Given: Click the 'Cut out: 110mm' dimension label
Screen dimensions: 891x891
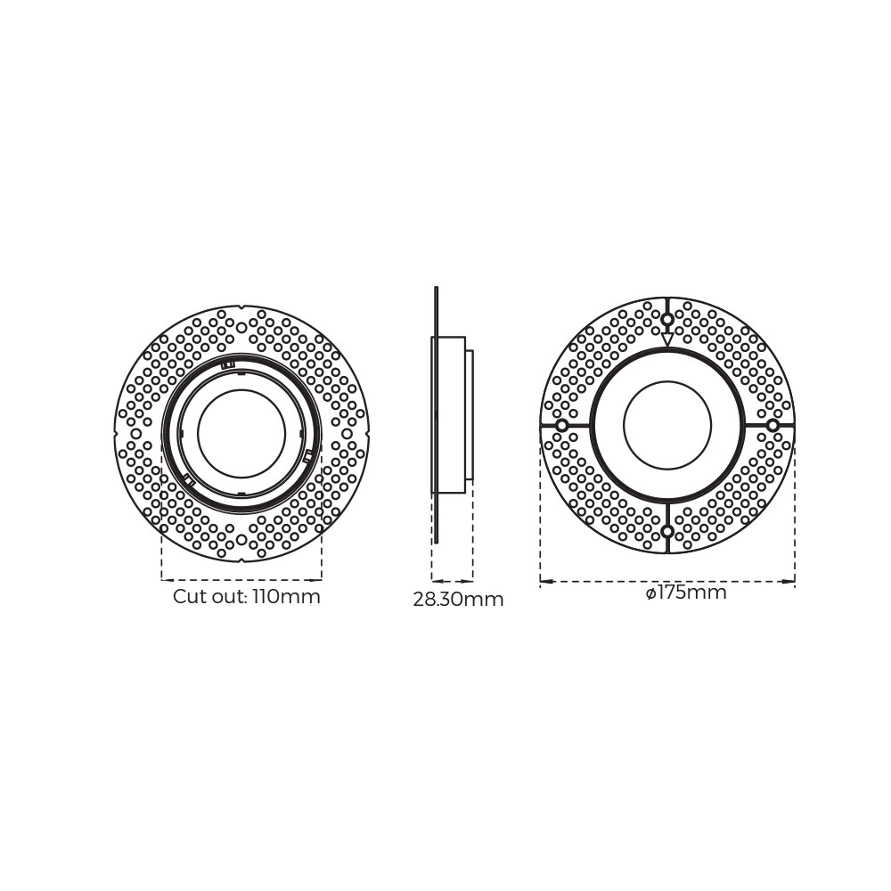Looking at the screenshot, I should (247, 597).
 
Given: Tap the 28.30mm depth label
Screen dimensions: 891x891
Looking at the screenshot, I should (458, 600).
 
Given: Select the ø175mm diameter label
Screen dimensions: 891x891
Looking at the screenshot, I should (686, 593).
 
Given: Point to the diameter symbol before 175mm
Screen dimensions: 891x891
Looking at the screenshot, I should (651, 593).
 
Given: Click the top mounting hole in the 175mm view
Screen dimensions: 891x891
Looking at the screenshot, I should (667, 319).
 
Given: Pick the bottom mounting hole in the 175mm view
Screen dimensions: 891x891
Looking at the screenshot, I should (667, 532).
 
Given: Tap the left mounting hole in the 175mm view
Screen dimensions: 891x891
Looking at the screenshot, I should (562, 426).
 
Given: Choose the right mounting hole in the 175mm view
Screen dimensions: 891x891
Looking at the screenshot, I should (772, 426).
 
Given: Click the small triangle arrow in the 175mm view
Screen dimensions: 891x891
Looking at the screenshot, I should (667, 339).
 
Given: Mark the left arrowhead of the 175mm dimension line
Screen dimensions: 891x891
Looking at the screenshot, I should (546, 582).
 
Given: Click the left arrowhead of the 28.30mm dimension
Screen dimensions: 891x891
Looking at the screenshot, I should (437, 580).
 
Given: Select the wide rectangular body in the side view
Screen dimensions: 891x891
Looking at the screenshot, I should (449, 414).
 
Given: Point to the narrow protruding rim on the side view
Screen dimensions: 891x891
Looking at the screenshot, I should (469, 414).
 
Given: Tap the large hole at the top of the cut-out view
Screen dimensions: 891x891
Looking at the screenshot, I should (241, 328).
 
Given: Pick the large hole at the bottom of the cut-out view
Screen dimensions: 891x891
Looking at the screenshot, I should (241, 540).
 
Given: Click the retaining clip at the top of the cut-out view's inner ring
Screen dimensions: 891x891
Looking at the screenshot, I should (227, 364).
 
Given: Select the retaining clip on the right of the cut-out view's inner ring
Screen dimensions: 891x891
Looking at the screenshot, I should (308, 455).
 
